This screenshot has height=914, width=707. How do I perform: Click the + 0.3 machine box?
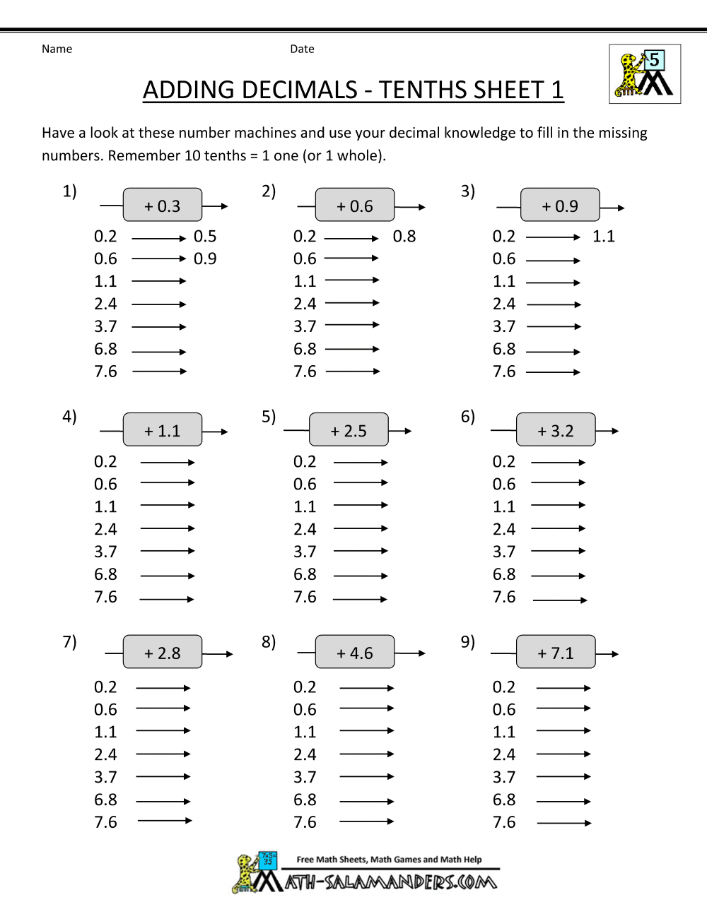[x=163, y=206]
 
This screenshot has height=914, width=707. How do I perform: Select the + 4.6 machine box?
[x=355, y=653]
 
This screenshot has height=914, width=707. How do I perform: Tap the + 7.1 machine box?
[x=556, y=653]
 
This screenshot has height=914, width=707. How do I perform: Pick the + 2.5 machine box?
[x=349, y=430]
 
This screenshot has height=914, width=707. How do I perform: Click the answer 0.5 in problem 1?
[x=205, y=237]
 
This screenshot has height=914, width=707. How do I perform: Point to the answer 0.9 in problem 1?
[x=205, y=259]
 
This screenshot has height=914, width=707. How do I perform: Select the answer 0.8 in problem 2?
[x=404, y=237]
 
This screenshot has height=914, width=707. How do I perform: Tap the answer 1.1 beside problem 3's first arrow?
[x=604, y=237]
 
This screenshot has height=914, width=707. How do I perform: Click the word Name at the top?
[x=57, y=49]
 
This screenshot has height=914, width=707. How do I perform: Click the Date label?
[x=302, y=49]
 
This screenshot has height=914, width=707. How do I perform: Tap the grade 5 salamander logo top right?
[x=644, y=74]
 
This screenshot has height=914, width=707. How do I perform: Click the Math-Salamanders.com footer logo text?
[x=391, y=882]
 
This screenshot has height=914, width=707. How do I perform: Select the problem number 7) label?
[x=69, y=641]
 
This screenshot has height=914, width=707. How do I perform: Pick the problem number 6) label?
[x=468, y=417]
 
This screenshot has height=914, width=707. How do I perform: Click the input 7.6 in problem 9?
[x=504, y=822]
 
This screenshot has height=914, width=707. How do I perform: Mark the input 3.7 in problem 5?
[x=305, y=552]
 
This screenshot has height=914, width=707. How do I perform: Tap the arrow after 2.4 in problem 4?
[x=167, y=528]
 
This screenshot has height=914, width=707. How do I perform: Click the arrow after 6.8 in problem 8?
[x=366, y=801]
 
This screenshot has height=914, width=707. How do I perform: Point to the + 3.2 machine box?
[x=556, y=430]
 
